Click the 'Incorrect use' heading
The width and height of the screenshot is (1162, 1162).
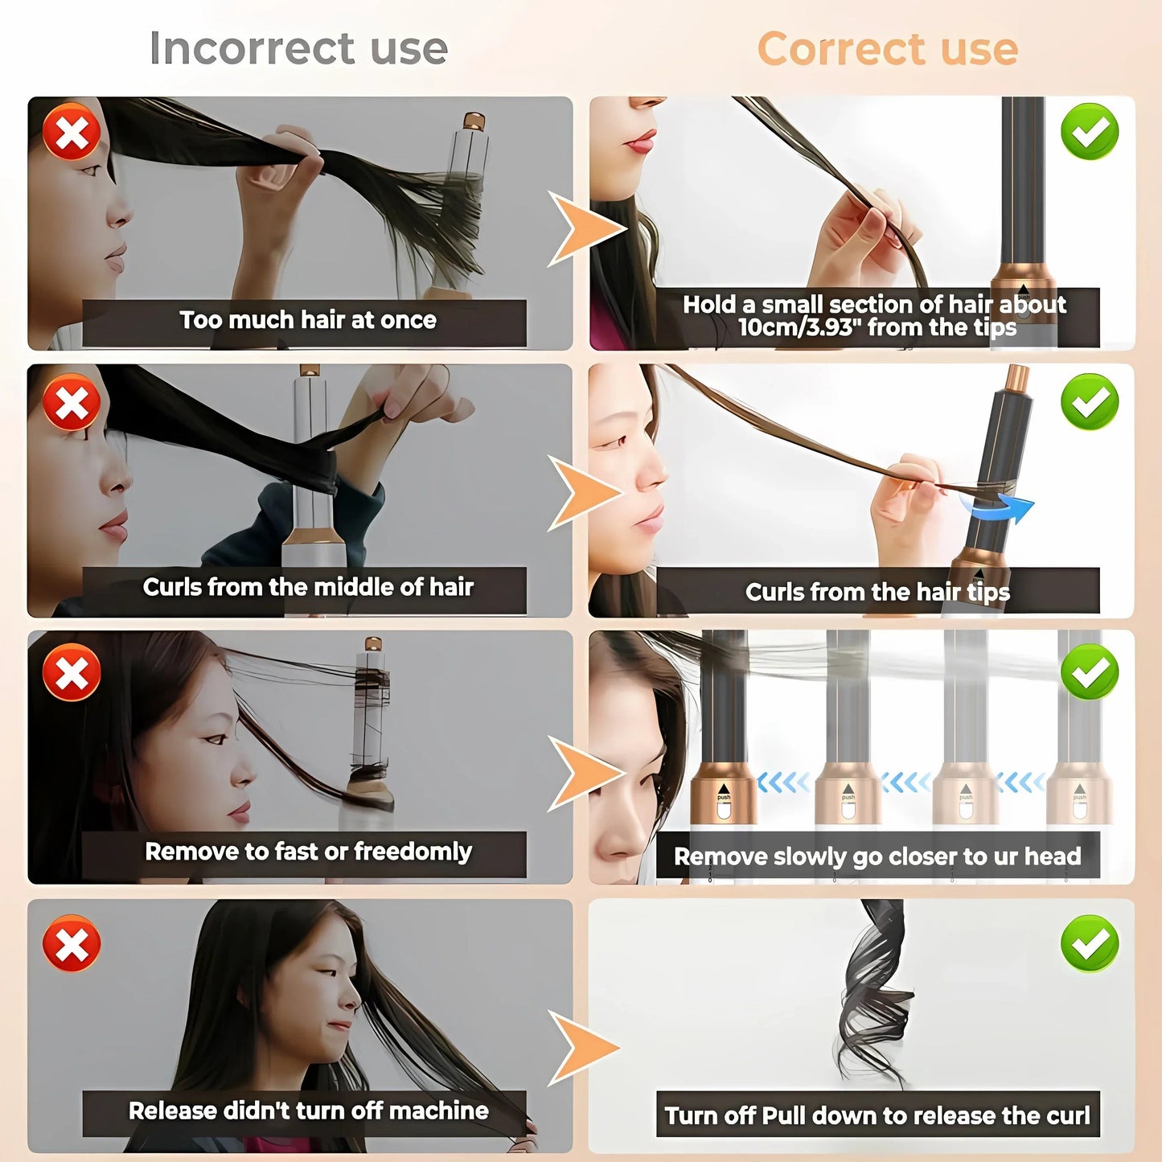point(298,48)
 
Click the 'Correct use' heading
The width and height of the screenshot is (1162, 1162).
point(887,49)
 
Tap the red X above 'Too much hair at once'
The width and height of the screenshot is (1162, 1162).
point(72,132)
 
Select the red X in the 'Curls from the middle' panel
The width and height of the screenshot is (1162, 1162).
point(72,402)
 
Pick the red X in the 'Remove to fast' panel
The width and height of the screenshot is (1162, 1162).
point(72,672)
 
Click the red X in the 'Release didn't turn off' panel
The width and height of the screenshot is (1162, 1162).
point(72,943)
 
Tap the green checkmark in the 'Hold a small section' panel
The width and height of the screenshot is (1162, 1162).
point(1090,132)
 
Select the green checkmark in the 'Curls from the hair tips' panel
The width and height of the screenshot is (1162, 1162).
point(1090,401)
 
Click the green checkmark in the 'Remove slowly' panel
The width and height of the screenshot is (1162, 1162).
point(1090,672)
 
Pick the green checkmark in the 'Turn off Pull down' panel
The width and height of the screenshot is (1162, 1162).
point(1090,943)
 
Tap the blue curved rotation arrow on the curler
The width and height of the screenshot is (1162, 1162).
point(1001,507)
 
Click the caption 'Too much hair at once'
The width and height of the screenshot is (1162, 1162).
point(307,320)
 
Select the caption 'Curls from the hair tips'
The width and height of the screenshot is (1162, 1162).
point(877,593)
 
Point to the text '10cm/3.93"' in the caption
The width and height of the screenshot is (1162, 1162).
point(796,328)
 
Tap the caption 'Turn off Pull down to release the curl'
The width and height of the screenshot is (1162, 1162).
point(877,1115)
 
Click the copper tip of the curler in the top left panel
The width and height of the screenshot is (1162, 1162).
point(474,122)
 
